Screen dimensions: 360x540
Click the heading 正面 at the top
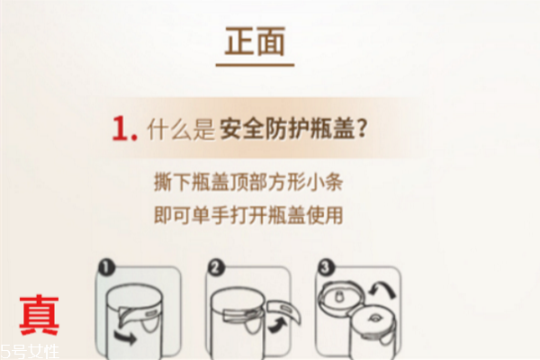click(256, 42)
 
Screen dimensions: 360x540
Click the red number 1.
click(124, 129)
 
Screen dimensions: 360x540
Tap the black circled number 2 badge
click(217, 267)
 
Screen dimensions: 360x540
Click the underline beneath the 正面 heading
click(256, 65)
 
